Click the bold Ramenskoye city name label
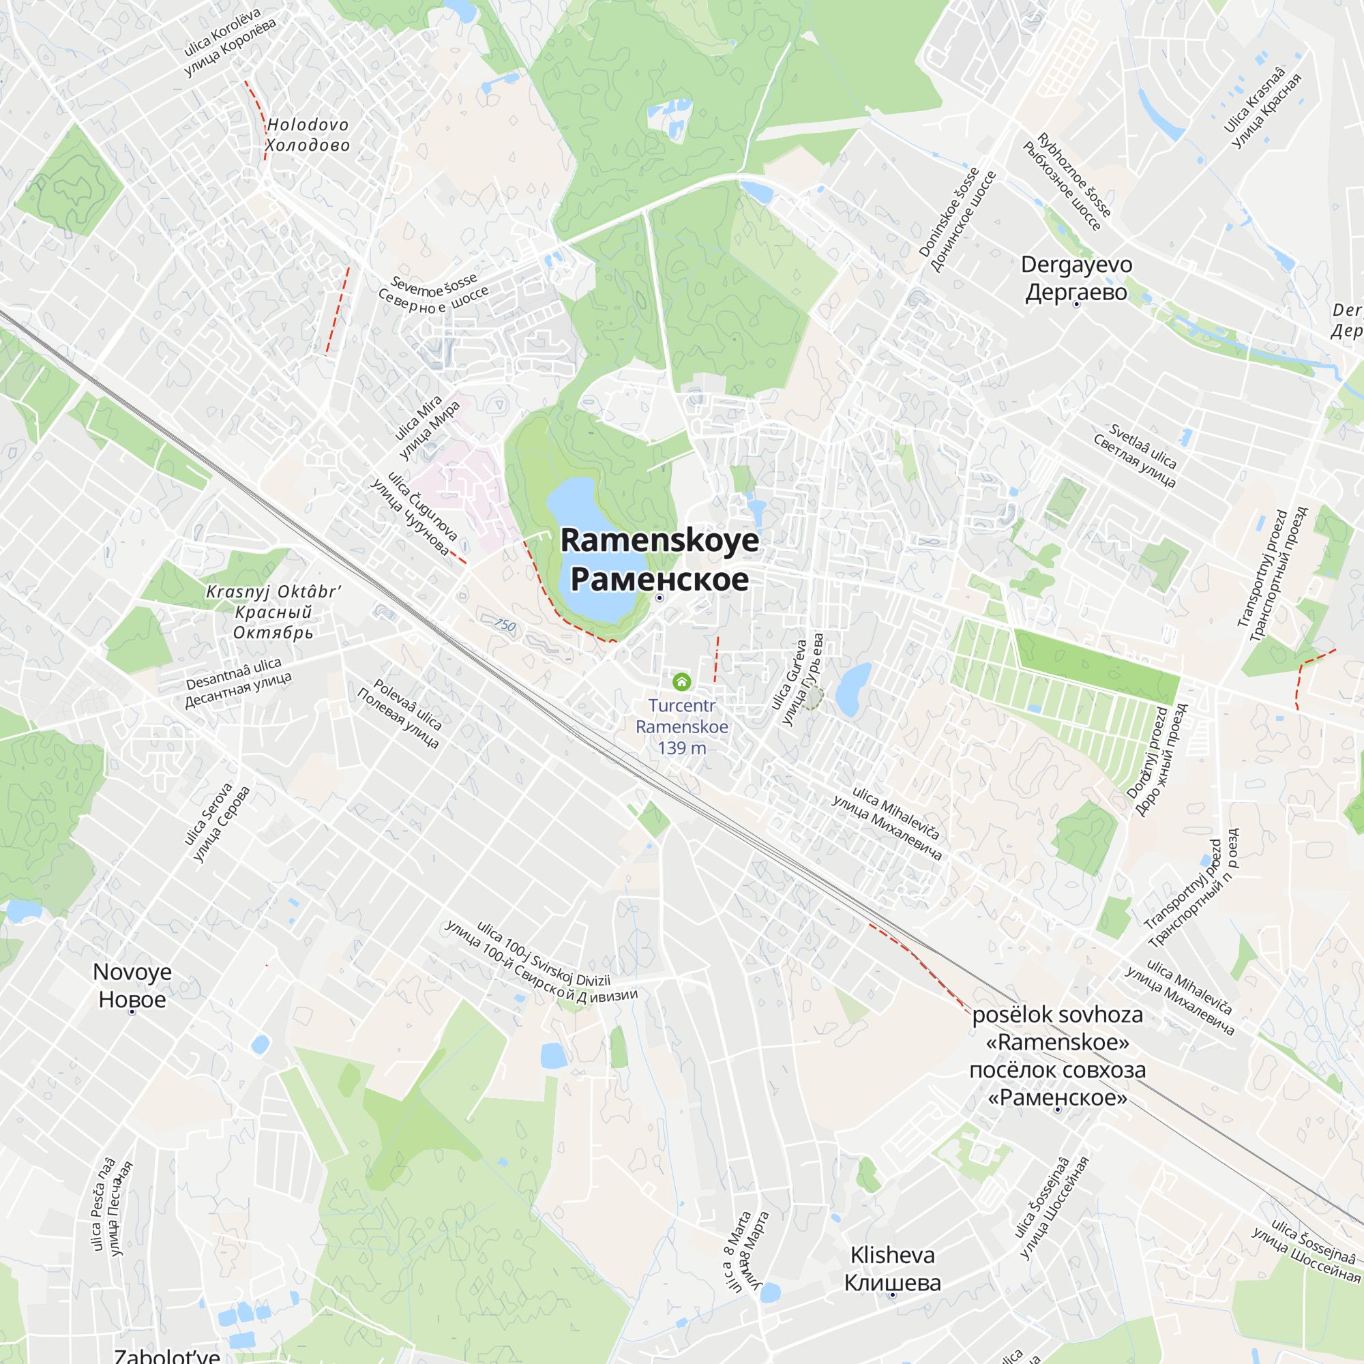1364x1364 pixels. [x=659, y=559]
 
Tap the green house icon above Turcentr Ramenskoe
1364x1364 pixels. [x=681, y=681]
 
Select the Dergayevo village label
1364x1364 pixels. [x=1076, y=278]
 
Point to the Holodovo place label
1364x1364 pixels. [x=307, y=135]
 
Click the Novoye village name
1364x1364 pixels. [x=132, y=985]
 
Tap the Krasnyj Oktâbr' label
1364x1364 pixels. [x=273, y=611]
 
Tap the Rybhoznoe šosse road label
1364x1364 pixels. [x=1067, y=181]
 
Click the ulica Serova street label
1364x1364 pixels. [x=217, y=822]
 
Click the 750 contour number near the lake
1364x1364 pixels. [x=505, y=625]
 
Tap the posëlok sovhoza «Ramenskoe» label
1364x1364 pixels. [x=1057, y=1056]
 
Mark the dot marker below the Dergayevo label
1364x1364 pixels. [x=1076, y=304]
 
